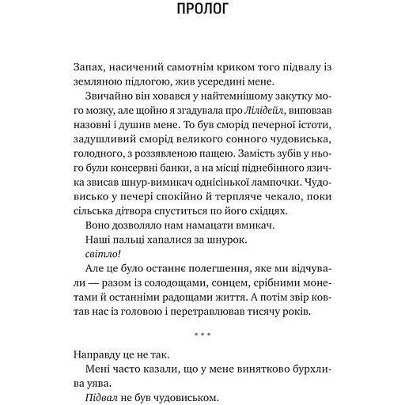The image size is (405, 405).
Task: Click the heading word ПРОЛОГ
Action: (202, 10)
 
